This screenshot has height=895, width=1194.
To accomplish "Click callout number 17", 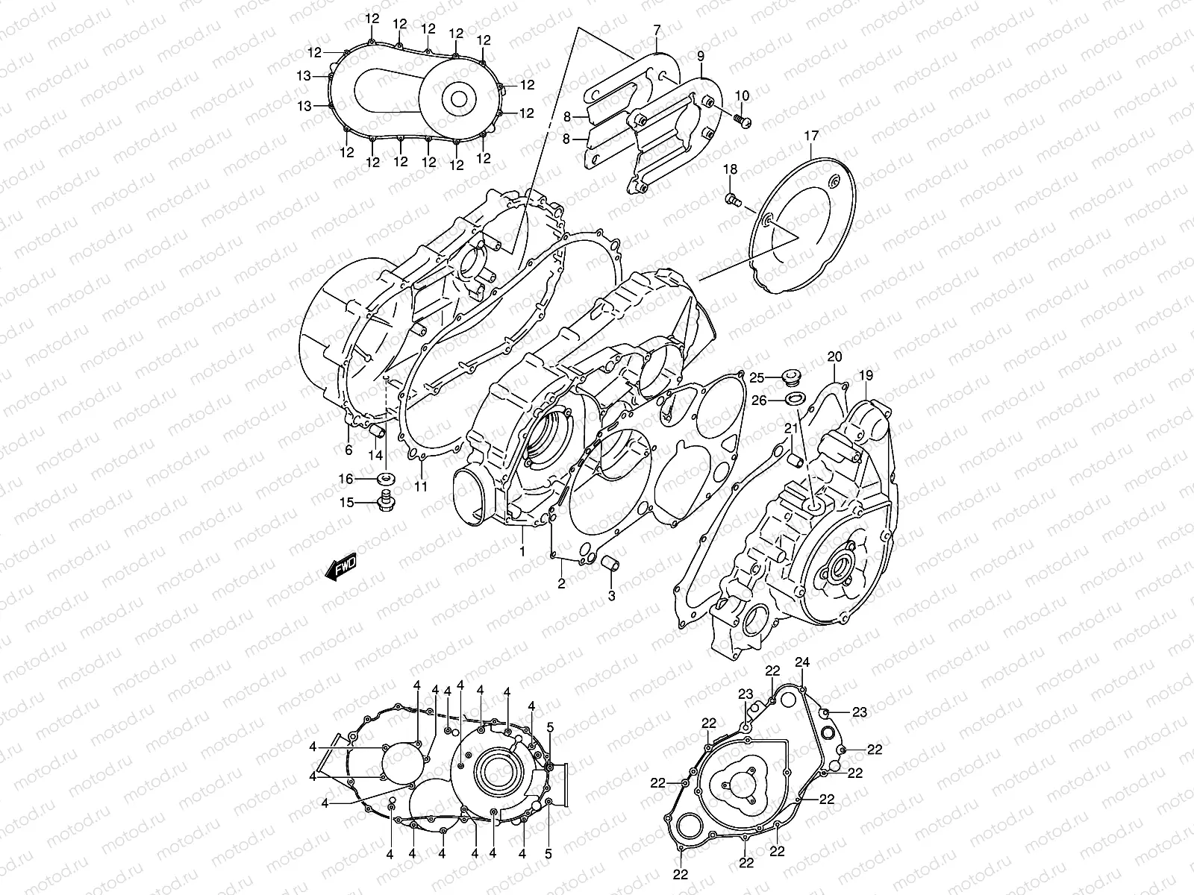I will coord(832,136).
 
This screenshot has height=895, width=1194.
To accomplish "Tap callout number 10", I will coord(742,95).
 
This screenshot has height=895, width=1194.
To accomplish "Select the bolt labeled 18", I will coord(733,198).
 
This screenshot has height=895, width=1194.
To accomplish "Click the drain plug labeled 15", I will coord(387,502).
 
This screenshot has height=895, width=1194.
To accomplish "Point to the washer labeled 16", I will coord(387,478).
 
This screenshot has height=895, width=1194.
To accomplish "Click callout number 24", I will coord(802,662).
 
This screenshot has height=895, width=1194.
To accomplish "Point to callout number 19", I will coord(866,375).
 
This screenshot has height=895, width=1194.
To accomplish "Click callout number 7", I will coord(657,31).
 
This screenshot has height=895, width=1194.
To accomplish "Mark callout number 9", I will coord(701,56).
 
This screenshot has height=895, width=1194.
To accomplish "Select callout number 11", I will coord(421,487).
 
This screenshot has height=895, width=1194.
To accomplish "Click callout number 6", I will coord(348,449).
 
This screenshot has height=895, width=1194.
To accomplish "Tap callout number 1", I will coord(522,551).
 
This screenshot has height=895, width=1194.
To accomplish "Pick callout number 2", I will coord(561,584).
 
